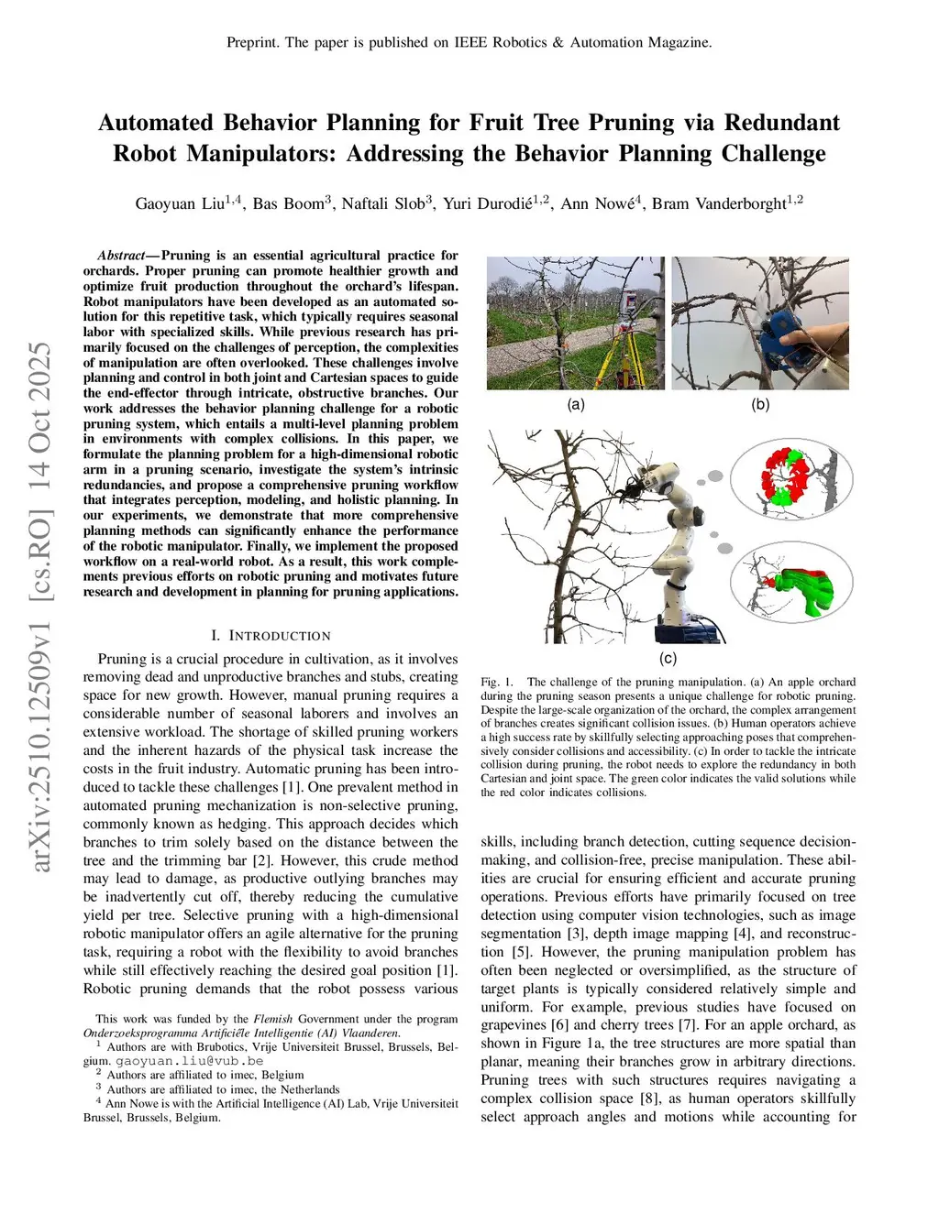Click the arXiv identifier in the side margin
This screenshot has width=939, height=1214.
[41, 607]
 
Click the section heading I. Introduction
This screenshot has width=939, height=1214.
[271, 635]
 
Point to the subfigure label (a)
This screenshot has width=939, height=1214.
[576, 404]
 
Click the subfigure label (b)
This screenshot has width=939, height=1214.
[760, 404]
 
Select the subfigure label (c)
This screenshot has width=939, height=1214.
[668, 658]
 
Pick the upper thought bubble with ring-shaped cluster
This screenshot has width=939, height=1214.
[791, 479]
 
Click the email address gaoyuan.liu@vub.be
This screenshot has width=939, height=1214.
[189, 1061]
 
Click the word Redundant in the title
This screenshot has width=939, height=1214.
[781, 123]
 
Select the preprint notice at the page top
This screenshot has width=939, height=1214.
[469, 42]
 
